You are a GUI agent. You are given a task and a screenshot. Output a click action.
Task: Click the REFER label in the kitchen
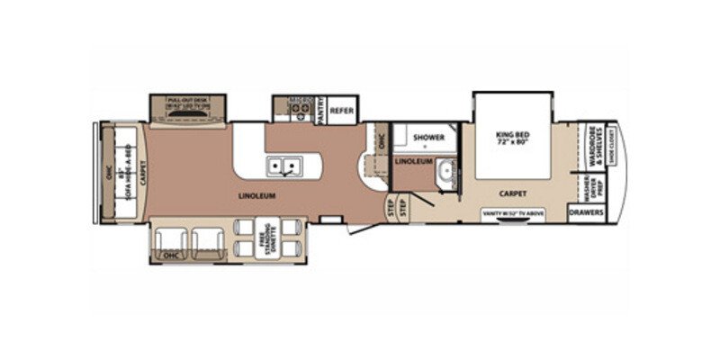pos(341,111)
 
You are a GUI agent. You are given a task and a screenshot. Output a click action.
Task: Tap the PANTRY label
pos(319,110)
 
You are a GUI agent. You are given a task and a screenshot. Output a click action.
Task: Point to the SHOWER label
pos(428,138)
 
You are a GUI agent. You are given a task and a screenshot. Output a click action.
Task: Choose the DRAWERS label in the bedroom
pos(586,212)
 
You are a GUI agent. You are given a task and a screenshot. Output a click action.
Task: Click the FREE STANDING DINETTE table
pos(267,240)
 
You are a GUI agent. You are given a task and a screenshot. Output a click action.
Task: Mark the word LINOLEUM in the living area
pos(256,194)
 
